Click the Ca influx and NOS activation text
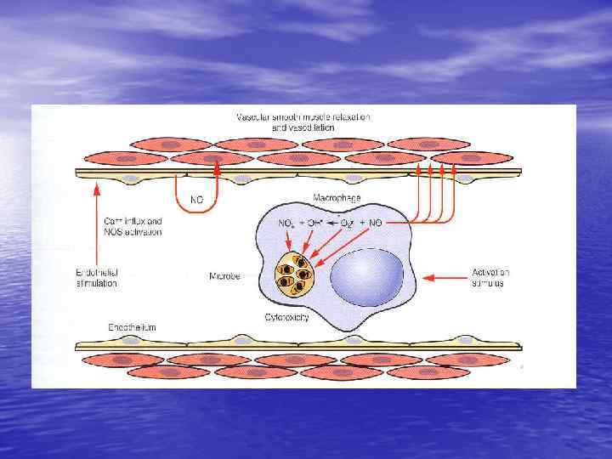coord(127,226)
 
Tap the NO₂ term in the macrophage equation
coord(287,223)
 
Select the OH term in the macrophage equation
coord(314,224)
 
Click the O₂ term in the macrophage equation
coord(348,224)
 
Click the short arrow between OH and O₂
coord(331,224)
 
